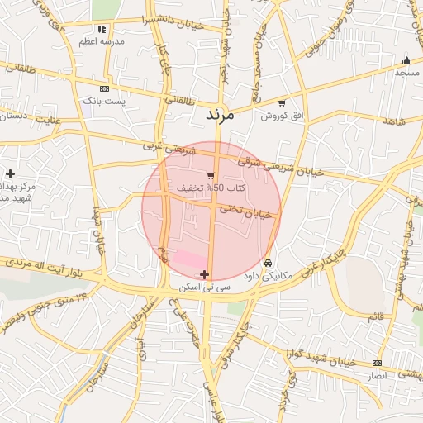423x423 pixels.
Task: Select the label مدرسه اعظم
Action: click(x=101, y=40)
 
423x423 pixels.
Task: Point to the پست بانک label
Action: click(x=103, y=101)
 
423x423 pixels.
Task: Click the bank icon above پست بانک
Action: click(x=103, y=88)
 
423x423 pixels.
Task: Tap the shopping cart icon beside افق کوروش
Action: click(x=282, y=103)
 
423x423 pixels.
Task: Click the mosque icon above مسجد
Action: click(x=406, y=60)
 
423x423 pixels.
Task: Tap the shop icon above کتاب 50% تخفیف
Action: click(x=211, y=175)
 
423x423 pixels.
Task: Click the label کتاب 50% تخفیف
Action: click(x=199, y=188)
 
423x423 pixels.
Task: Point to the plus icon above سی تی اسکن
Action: click(x=205, y=274)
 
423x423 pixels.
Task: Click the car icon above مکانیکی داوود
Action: click(x=266, y=264)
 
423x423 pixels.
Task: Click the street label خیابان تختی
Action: click(x=245, y=211)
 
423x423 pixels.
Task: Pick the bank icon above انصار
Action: click(x=377, y=363)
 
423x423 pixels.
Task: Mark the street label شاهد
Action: click(x=396, y=121)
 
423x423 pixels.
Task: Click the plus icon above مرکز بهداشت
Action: click(x=10, y=173)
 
